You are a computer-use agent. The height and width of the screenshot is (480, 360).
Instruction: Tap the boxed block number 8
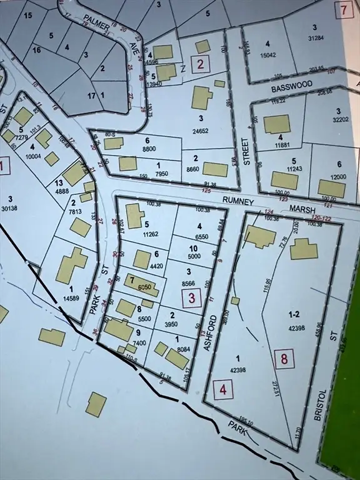point(284,359)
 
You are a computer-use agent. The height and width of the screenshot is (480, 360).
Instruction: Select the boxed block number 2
point(200,63)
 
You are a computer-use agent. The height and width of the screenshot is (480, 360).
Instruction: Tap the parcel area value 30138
point(11,208)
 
